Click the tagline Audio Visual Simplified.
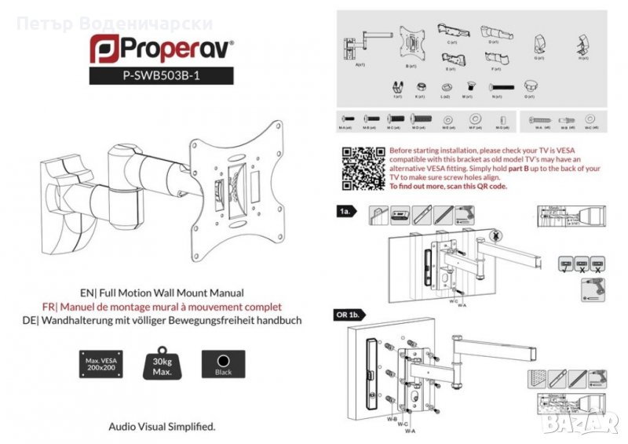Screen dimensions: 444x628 pyautogui.click(x=161, y=427)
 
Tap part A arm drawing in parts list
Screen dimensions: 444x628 pyautogui.click(x=362, y=46)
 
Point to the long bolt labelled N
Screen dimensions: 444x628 pyautogui.click(x=496, y=87)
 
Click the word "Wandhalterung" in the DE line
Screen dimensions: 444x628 pyautogui.click(x=88, y=321)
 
